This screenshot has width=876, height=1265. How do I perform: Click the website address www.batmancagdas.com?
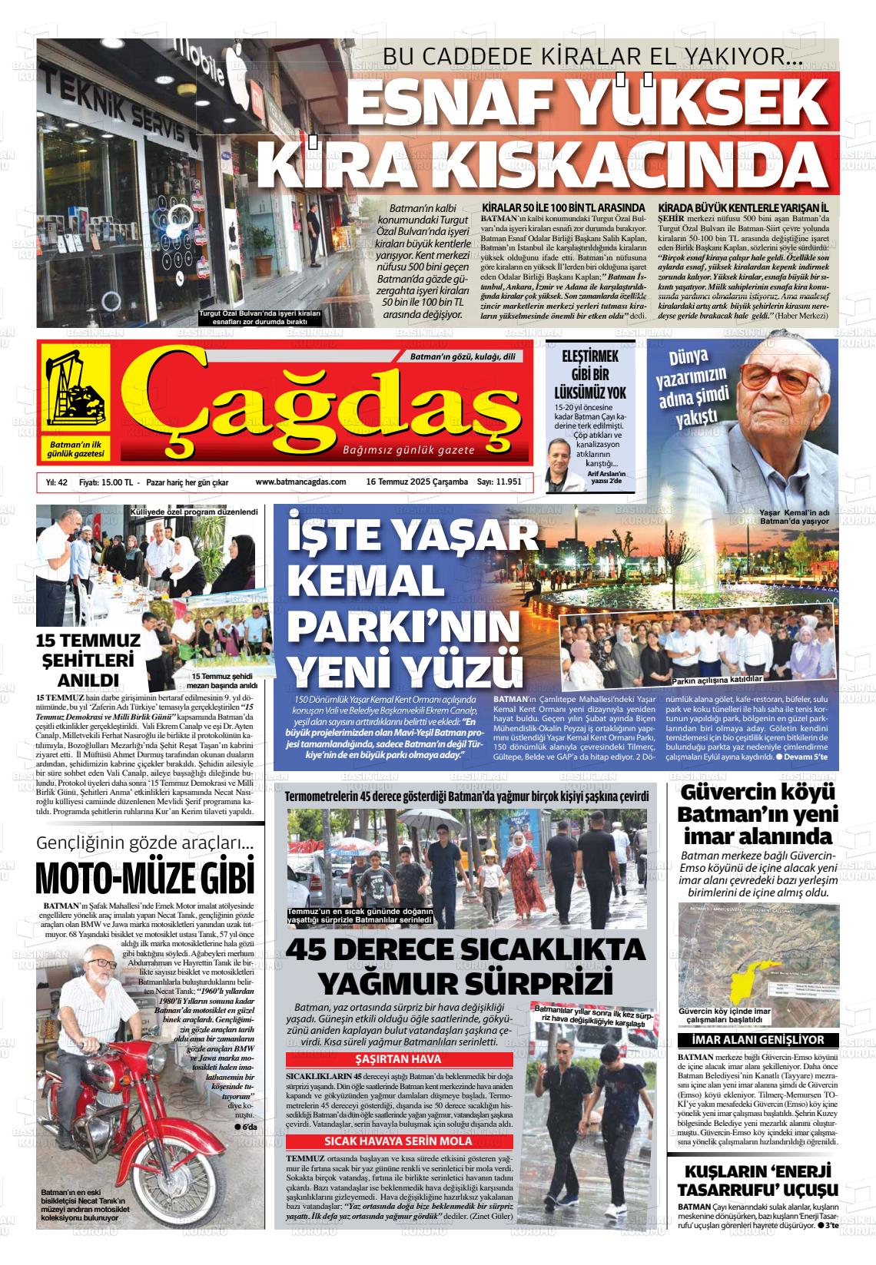300,482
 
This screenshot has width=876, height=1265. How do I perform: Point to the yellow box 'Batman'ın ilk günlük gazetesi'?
75,449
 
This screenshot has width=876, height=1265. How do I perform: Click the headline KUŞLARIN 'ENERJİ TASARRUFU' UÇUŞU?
756,1182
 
